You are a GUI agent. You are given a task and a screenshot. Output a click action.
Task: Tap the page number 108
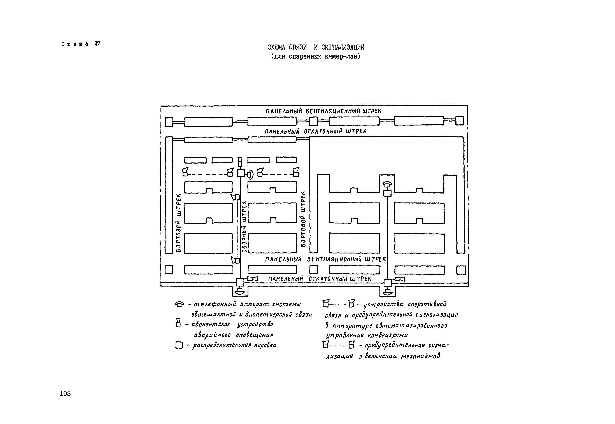coord(65,393)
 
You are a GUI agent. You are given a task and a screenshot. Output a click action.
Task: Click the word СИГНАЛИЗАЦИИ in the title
coord(343,47)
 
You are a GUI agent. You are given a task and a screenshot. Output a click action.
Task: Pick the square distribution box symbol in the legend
coord(179,345)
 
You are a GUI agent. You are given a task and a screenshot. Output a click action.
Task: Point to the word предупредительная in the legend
coord(395,346)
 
